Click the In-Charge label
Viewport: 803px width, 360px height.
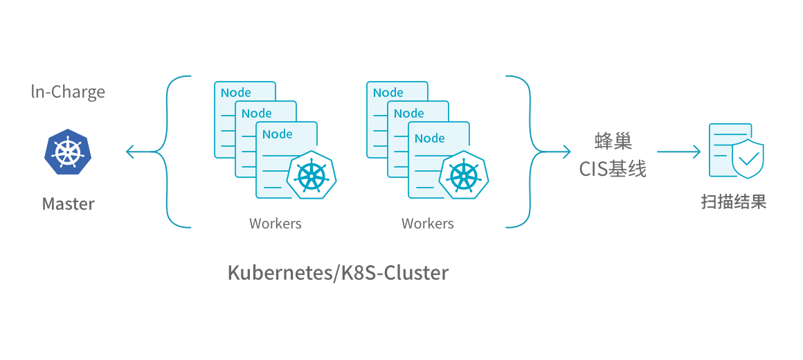[68, 92]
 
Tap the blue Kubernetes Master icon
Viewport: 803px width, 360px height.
[68, 152]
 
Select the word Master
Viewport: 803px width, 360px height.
[68, 204]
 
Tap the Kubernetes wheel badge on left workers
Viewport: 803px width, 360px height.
[312, 175]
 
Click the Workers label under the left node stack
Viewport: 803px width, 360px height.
[276, 224]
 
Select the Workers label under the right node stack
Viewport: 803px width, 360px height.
[428, 224]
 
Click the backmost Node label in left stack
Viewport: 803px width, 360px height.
[236, 93]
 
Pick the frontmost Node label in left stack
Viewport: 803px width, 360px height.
[278, 134]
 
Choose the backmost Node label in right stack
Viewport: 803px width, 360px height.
[388, 93]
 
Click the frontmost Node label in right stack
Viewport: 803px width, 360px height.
[430, 138]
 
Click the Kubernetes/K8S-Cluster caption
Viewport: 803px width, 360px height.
[338, 273]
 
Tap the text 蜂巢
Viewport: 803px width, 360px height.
[613, 142]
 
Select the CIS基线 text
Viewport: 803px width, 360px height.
[613, 169]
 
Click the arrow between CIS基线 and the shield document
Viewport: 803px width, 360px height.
[678, 152]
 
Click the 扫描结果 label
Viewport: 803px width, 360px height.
[734, 202]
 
